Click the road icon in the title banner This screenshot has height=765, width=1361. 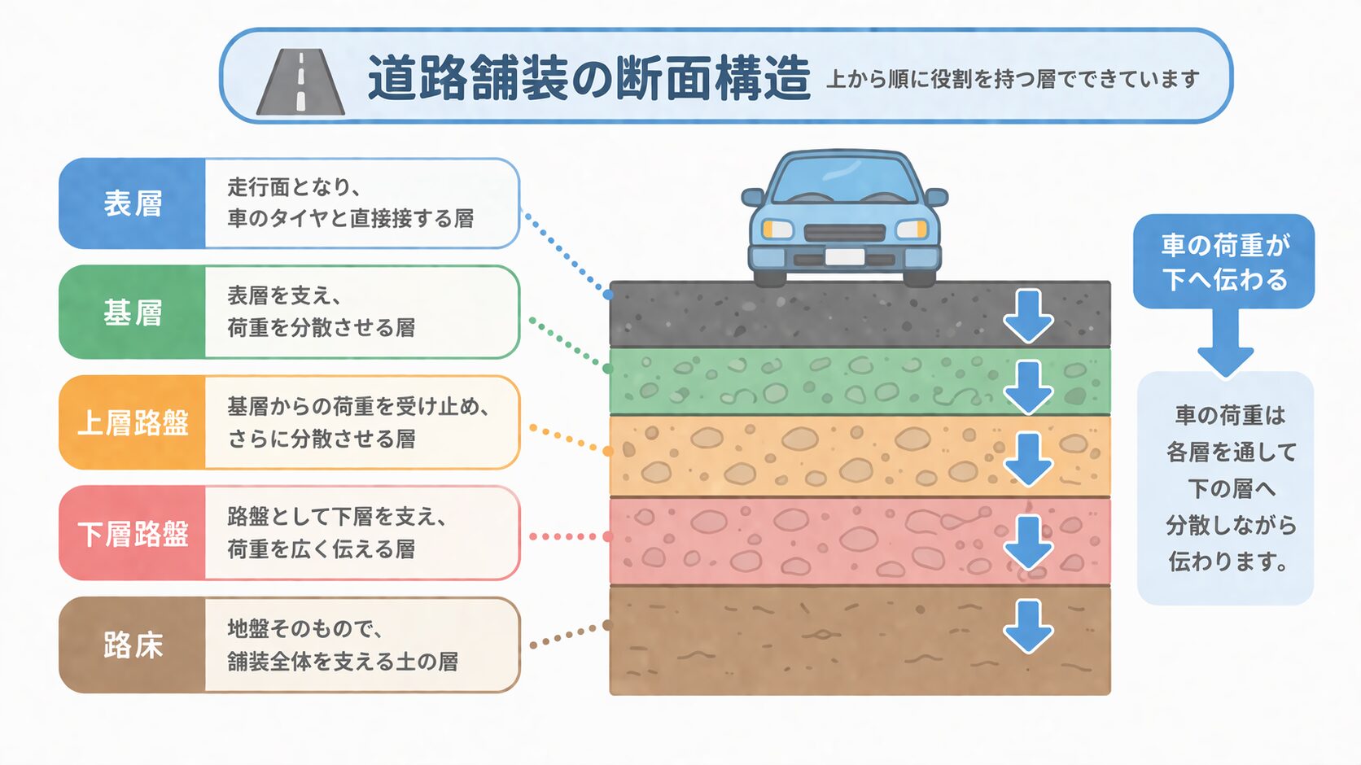click(300, 81)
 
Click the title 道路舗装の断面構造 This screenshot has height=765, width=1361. click(589, 79)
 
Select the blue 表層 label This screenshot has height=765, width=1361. click(133, 203)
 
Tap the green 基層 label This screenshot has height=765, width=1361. click(133, 313)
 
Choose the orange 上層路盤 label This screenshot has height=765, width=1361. click(133, 423)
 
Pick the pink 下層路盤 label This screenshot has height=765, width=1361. click(133, 534)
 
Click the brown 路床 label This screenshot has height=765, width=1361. click(133, 645)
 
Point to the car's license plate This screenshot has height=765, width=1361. click(844, 257)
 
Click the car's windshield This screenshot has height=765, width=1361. click(843, 181)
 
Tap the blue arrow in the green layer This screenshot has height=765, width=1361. click(1028, 387)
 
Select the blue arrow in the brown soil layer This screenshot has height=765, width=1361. click(1028, 626)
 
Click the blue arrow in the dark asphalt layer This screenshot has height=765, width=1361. click(1028, 315)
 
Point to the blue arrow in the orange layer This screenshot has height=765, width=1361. click(1028, 459)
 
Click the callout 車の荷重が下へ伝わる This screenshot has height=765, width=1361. click(1223, 262)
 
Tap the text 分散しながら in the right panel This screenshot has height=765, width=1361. click(1230, 525)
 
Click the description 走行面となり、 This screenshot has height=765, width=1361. click(294, 187)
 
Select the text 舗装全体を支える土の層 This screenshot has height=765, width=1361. click(343, 662)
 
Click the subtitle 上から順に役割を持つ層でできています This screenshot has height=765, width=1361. click(1013, 80)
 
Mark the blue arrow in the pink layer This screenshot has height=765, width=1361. click(1028, 542)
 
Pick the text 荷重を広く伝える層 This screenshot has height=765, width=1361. click(321, 549)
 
